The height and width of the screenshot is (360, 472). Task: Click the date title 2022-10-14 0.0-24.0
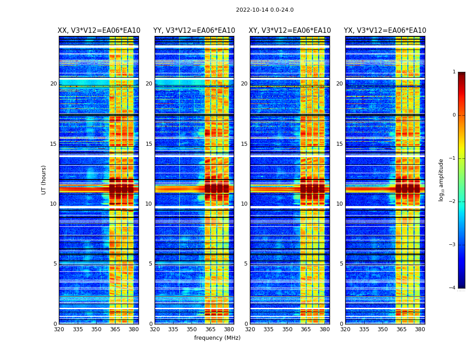click(x=265, y=10)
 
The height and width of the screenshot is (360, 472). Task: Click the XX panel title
click(x=99, y=31)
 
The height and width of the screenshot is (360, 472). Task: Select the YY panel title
click(x=194, y=31)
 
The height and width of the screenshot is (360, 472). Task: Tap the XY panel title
click(x=289, y=31)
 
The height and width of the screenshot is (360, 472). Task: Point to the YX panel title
click(x=385, y=31)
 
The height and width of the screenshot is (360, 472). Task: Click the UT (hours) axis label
click(x=44, y=180)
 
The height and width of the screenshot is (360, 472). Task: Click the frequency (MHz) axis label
click(x=217, y=338)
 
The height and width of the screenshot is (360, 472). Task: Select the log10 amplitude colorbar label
click(x=441, y=180)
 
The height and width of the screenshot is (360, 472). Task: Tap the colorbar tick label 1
click(x=454, y=72)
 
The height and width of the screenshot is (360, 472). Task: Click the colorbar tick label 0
click(x=454, y=115)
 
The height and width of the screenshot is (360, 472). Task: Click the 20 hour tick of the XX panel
click(x=53, y=84)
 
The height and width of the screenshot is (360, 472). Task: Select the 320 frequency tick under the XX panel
click(x=59, y=329)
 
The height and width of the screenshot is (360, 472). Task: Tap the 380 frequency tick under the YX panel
click(x=420, y=329)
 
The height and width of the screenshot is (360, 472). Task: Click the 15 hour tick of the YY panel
click(x=149, y=144)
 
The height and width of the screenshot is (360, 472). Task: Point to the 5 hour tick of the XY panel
click(x=246, y=264)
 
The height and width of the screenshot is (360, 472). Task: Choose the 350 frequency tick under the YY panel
click(x=192, y=329)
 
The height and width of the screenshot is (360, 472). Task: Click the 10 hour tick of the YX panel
click(x=339, y=204)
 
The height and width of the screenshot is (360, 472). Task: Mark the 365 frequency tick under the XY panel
click(x=306, y=329)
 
